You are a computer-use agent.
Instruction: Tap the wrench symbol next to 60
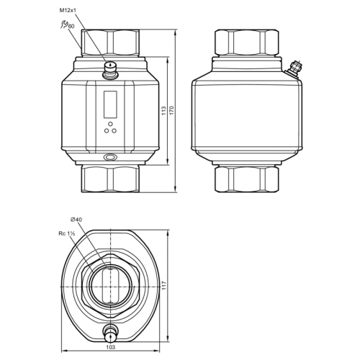[x=64, y=24]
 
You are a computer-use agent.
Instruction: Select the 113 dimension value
[x=164, y=111]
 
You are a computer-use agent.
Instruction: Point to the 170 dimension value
[x=171, y=110]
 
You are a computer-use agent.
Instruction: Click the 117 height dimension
[x=164, y=285]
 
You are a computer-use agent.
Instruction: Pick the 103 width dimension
[x=110, y=347]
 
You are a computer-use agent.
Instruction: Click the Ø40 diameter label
[x=76, y=220]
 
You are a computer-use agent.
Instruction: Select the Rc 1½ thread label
[x=67, y=233]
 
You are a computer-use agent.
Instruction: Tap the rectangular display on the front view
[x=110, y=104]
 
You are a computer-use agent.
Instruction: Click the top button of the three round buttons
[x=110, y=124]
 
